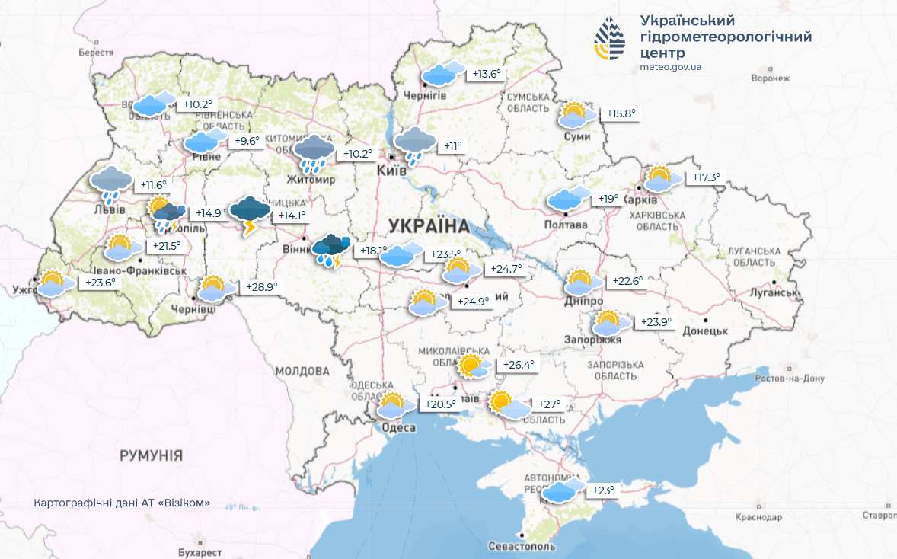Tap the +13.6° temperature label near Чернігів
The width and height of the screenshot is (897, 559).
point(487,74)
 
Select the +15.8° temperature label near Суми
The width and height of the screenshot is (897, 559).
point(620,113)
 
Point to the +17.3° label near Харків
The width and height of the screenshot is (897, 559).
point(705,177)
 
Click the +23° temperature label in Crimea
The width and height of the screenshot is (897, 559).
point(602,490)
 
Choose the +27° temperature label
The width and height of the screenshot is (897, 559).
point(549,404)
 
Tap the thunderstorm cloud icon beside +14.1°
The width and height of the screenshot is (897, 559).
point(250,212)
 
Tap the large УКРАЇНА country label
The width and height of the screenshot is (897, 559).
point(429,225)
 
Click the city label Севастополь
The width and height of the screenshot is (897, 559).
point(522,546)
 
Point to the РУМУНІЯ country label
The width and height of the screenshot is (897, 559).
point(151,455)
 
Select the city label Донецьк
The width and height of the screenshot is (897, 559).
point(705,331)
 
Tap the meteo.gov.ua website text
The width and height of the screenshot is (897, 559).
point(671,67)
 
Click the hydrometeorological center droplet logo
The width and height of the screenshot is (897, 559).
point(609,39)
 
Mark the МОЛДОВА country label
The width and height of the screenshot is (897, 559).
point(302,371)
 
